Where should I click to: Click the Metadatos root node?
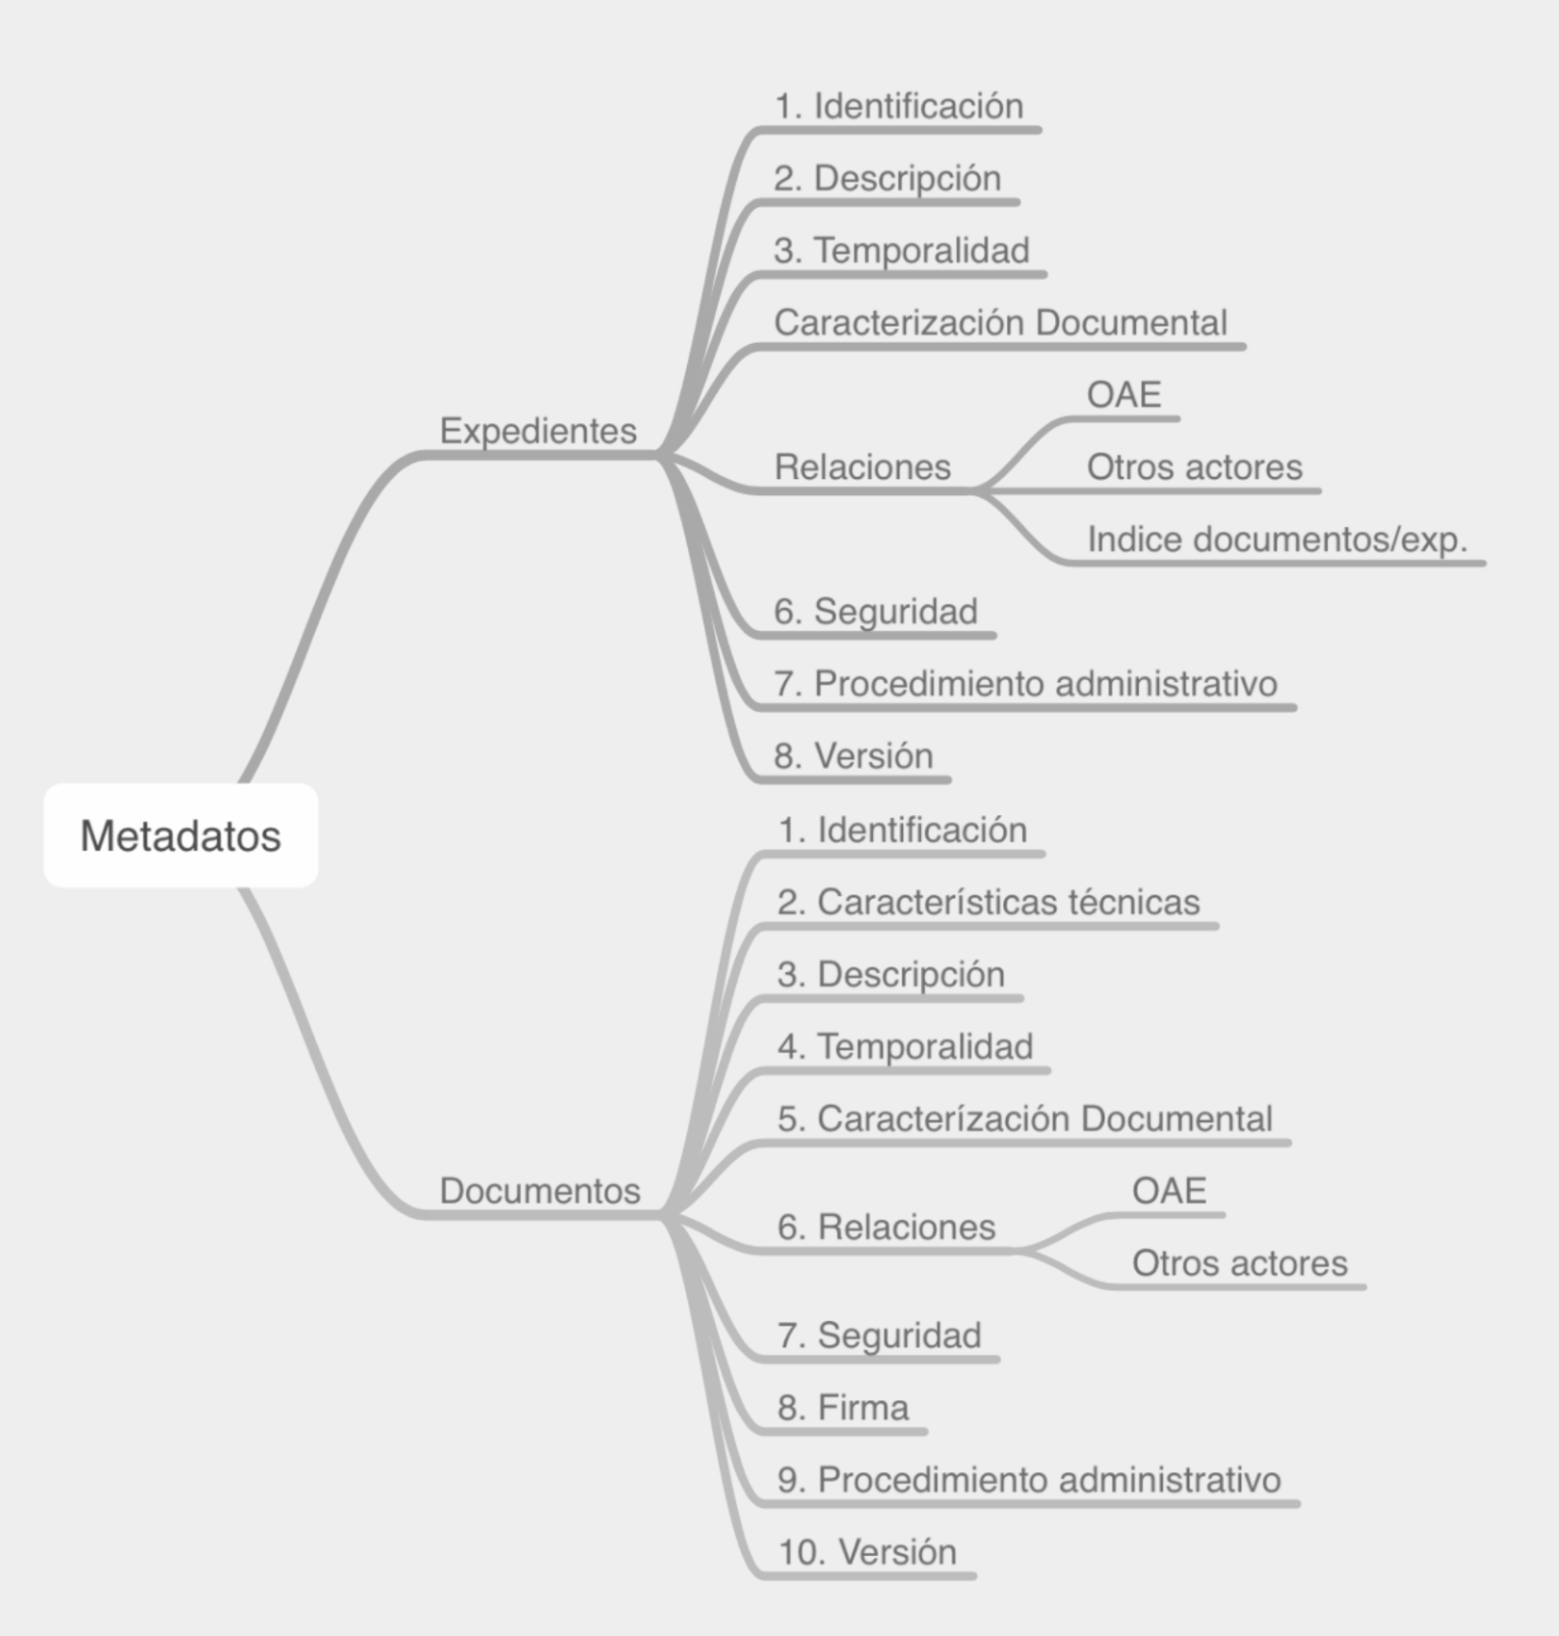coord(181,835)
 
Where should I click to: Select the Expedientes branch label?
coord(538,431)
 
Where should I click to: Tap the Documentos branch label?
coord(540,1191)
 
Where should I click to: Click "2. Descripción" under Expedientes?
coord(887,178)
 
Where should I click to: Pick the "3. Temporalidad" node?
coord(902,251)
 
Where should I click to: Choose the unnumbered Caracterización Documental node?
coord(1000,323)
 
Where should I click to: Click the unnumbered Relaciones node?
coord(862,467)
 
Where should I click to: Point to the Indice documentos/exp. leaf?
coord(1278,540)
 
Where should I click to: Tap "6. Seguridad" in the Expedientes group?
coord(876,612)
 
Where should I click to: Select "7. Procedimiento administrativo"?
coord(1025,684)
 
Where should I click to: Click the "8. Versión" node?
coord(854,756)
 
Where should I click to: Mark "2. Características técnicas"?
coord(989,903)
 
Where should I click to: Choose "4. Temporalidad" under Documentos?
coord(906,1047)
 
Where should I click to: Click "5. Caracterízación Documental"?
coord(1025,1120)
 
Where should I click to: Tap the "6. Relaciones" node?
coord(886,1227)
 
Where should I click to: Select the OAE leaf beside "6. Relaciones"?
coord(1169,1191)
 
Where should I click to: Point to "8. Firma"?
coord(843,1409)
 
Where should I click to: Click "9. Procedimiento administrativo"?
coord(1029,1481)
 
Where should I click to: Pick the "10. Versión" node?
coord(867,1553)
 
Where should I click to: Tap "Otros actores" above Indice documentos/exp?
coord(1195,467)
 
